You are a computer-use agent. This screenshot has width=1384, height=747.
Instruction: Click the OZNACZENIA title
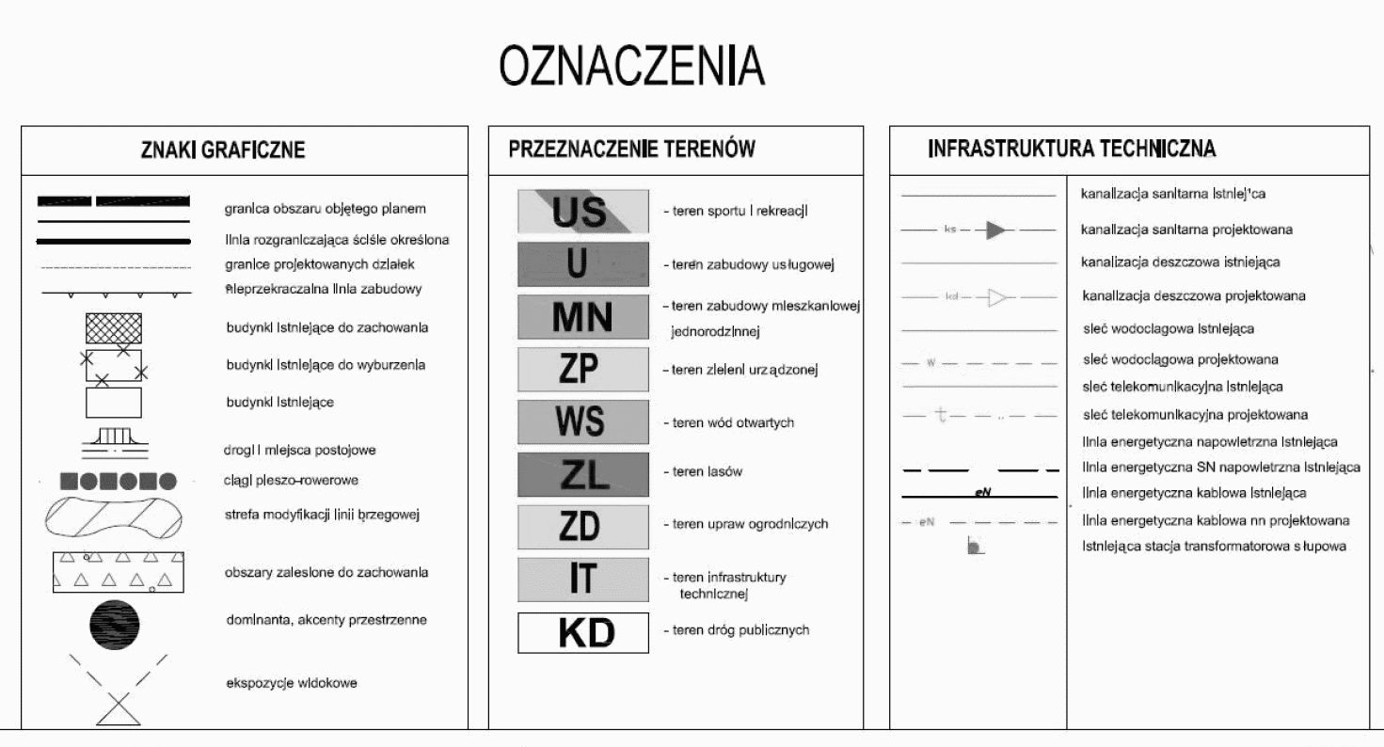[x=631, y=67]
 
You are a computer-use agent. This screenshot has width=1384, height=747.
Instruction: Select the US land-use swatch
[x=582, y=211]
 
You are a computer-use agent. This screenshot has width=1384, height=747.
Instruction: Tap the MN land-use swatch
[x=582, y=317]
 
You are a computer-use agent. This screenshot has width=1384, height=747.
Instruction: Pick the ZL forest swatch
[x=582, y=475]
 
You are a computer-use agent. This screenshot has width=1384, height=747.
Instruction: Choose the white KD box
[x=582, y=633]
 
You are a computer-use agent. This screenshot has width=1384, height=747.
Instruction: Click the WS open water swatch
[x=582, y=422]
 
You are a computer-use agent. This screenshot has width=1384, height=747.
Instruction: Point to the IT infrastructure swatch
[x=582, y=580]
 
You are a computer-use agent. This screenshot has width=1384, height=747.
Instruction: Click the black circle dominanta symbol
[x=115, y=623]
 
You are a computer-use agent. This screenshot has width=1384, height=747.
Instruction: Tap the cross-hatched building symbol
[x=114, y=328]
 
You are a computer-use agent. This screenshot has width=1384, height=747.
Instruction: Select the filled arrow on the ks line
[x=995, y=230]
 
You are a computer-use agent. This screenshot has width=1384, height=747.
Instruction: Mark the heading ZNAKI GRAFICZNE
[x=223, y=151]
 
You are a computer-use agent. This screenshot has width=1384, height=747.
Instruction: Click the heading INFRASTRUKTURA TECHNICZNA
[x=1072, y=149]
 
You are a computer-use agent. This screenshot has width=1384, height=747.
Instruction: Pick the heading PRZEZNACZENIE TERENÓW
[x=631, y=149]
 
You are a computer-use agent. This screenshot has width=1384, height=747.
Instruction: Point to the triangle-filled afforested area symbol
[x=118, y=572]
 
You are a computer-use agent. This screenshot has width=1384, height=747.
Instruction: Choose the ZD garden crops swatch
[x=582, y=527]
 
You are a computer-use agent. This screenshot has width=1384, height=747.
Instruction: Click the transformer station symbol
[x=975, y=547]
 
